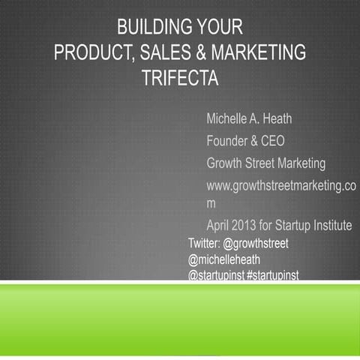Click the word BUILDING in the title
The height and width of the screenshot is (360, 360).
[151, 28]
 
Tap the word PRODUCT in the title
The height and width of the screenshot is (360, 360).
[94, 53]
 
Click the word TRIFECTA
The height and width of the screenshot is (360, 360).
[180, 79]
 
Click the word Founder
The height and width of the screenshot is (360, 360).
[231, 140]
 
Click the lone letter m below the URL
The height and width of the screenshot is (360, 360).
[211, 203]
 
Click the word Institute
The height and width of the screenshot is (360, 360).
[327, 226]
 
